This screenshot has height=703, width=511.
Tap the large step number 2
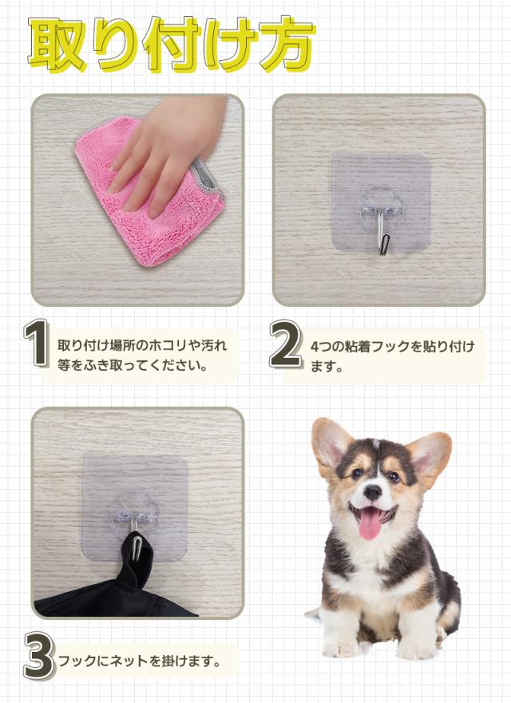click(x=284, y=345)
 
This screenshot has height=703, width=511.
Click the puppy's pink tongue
click(x=370, y=524)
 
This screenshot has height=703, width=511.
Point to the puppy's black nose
click(x=372, y=491)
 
